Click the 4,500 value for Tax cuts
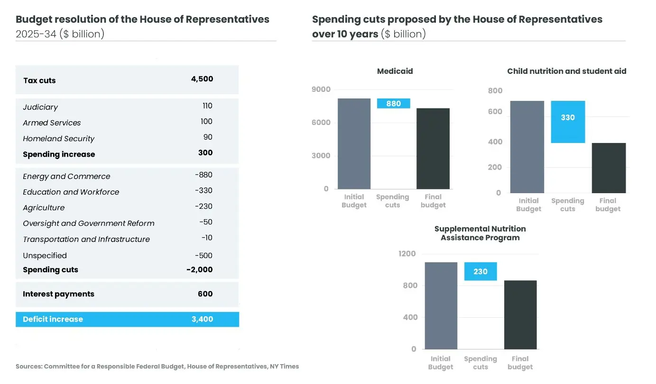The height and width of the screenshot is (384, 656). pyautogui.click(x=202, y=79)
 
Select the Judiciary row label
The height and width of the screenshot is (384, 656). pyautogui.click(x=40, y=107)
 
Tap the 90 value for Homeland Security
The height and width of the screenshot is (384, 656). pyautogui.click(x=208, y=137)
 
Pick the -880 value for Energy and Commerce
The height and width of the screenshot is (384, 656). pyautogui.click(x=203, y=175)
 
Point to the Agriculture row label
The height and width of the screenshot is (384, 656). pyautogui.click(x=44, y=208)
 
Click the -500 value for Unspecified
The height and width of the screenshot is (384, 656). pyautogui.click(x=203, y=256)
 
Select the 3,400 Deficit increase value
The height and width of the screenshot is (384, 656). pyautogui.click(x=202, y=319)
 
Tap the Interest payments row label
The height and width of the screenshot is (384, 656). pyautogui.click(x=58, y=294)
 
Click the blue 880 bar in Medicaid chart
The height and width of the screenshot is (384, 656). pyautogui.click(x=393, y=104)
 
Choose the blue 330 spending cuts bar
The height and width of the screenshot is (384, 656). pyautogui.click(x=568, y=122)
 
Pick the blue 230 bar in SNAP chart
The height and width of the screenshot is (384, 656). pyautogui.click(x=480, y=271)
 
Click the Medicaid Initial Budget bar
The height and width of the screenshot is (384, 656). pyautogui.click(x=354, y=143)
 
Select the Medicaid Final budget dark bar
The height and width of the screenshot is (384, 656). pyautogui.click(x=433, y=149)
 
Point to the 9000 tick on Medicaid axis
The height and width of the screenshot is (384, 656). pyautogui.click(x=321, y=89)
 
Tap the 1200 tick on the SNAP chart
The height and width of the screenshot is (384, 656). pyautogui.click(x=407, y=254)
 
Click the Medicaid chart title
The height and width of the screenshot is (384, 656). pyautogui.click(x=395, y=71)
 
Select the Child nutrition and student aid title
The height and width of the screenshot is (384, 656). pyautogui.click(x=566, y=71)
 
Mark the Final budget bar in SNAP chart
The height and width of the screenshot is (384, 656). pyautogui.click(x=520, y=314)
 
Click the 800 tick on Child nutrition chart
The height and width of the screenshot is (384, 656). pyautogui.click(x=495, y=91)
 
